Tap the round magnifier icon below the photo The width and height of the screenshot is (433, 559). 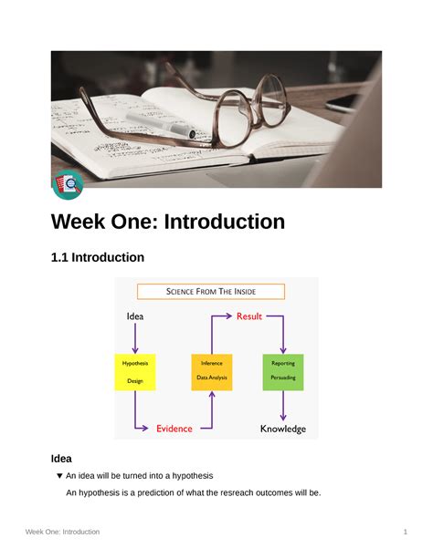[68, 184]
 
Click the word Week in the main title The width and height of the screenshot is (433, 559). [86, 222]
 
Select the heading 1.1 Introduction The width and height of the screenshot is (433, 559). [97, 258]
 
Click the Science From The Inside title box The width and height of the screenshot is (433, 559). [211, 292]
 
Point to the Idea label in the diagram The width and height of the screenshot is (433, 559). [135, 316]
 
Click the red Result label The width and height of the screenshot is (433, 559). [249, 316]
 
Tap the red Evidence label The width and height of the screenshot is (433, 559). [174, 428]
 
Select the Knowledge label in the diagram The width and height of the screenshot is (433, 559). [283, 428]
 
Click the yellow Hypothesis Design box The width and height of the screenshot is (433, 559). [135, 372]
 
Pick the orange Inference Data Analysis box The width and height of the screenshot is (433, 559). [212, 372]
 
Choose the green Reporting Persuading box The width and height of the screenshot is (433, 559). [283, 372]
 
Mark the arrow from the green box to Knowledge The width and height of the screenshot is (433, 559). [283, 405]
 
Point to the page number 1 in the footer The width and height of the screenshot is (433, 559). [404, 532]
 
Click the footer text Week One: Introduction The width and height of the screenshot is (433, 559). [62, 532]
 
